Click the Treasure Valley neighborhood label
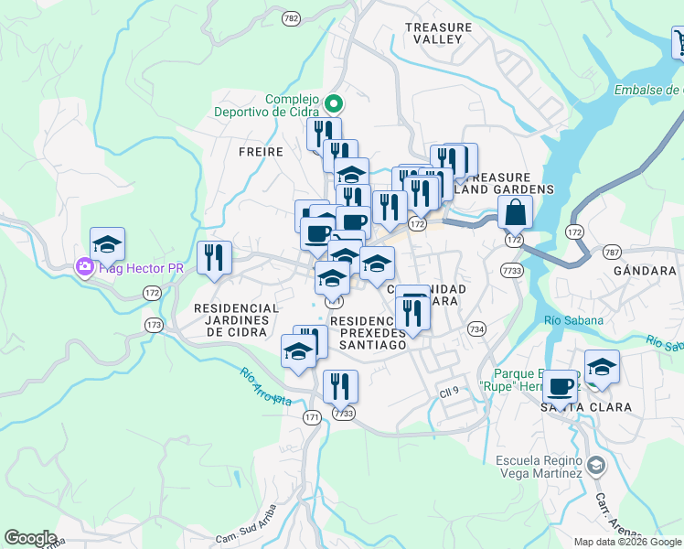[x=443, y=34]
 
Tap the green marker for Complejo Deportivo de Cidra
[x=334, y=105]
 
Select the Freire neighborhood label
[x=261, y=152]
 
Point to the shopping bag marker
[x=516, y=212]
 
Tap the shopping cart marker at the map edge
[x=679, y=42]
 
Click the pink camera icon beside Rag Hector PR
[x=84, y=266]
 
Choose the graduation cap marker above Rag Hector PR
[x=108, y=245]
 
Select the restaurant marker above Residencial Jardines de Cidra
[x=215, y=258]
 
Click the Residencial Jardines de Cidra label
[x=236, y=320]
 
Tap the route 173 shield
[x=153, y=325]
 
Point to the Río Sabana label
[x=573, y=320]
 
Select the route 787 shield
[x=613, y=252]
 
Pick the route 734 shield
[x=476, y=328]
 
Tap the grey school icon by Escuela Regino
[x=596, y=466]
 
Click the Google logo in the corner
[x=30, y=538]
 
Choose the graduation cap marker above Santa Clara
[x=602, y=369]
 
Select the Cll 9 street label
[x=448, y=392]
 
